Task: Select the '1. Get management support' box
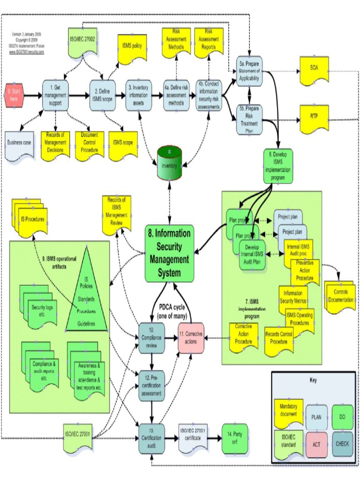click(55, 96)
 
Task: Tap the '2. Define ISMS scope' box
click(102, 96)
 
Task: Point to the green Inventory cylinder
click(169, 163)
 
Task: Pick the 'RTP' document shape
click(314, 117)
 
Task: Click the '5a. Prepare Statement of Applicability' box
click(248, 71)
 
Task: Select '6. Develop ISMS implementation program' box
click(280, 165)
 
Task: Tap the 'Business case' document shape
click(19, 144)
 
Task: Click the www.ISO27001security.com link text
click(27, 52)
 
